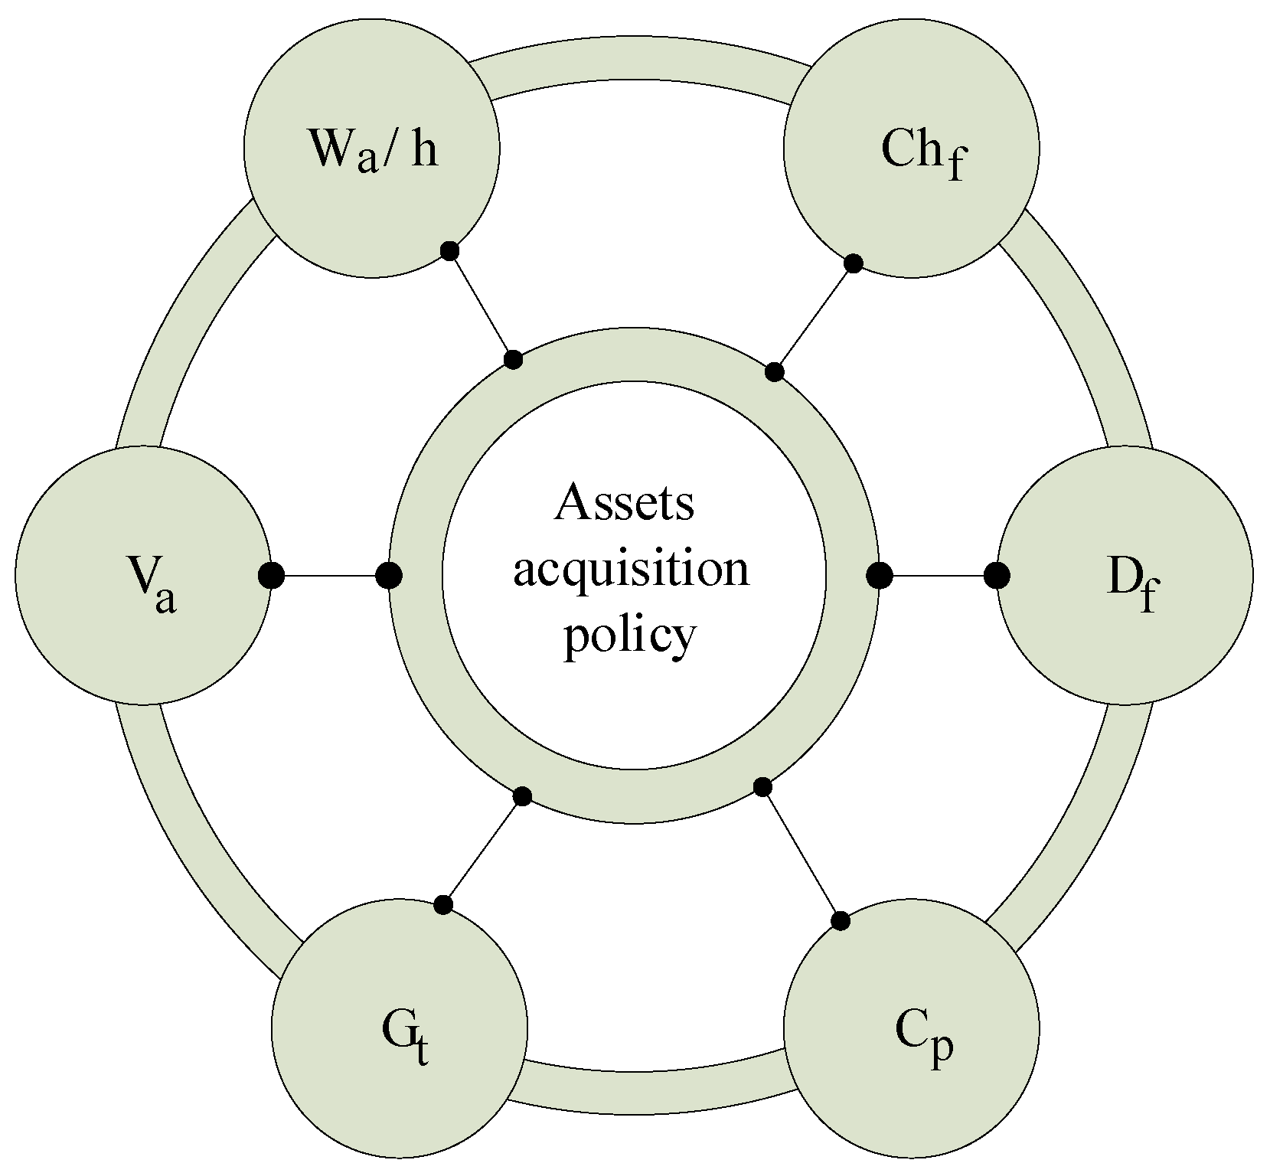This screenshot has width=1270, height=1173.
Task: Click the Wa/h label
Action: pos(373,150)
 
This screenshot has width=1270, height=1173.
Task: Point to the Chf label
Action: pos(922,153)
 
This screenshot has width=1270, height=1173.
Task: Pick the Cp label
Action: pos(924,1035)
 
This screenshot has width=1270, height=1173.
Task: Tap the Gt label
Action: pos(404,1035)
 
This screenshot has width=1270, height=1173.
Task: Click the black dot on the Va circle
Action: pos(271,575)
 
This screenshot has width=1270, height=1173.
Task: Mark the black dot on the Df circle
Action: pos(996,575)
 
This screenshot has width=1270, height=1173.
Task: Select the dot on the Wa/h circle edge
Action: pos(450,250)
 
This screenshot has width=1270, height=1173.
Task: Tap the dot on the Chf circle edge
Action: pos(854,264)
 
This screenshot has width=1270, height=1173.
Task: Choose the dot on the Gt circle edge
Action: pos(443,905)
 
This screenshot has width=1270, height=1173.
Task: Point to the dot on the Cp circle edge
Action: pos(841,921)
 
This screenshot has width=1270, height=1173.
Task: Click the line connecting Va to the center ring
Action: pos(329,575)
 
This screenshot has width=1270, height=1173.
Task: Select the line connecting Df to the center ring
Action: pos(938,575)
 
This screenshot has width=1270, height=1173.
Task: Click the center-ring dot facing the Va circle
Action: pos(389,575)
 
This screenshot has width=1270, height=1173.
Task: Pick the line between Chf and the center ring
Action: pos(814,319)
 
